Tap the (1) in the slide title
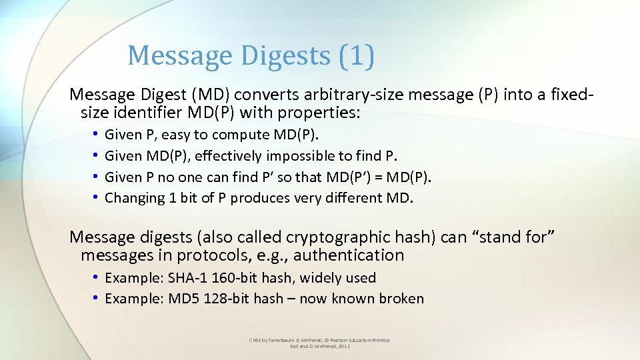(356, 56)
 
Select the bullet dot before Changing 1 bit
(97, 198)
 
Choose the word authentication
(348, 255)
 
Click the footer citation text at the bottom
(320, 343)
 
